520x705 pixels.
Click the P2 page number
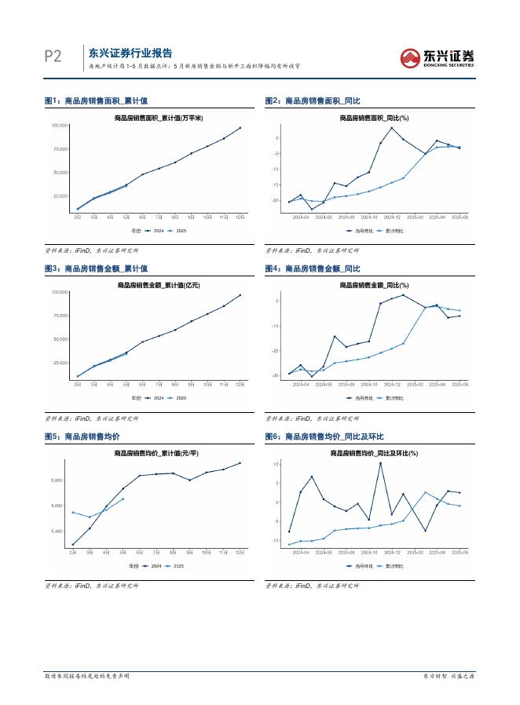[x=53, y=56]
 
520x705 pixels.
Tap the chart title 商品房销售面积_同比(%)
[x=374, y=118]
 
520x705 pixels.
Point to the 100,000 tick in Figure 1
[x=59, y=126]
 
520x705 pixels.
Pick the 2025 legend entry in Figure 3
[x=179, y=399]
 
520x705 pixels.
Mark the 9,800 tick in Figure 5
[x=60, y=480]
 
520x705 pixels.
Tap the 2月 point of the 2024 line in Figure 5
[x=73, y=545]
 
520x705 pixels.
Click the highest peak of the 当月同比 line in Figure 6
[x=380, y=463]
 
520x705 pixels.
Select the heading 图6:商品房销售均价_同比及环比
[x=324, y=437]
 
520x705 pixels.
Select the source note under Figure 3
[x=91, y=418]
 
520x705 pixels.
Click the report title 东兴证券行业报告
[x=130, y=53]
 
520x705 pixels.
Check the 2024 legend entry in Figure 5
[x=157, y=565]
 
